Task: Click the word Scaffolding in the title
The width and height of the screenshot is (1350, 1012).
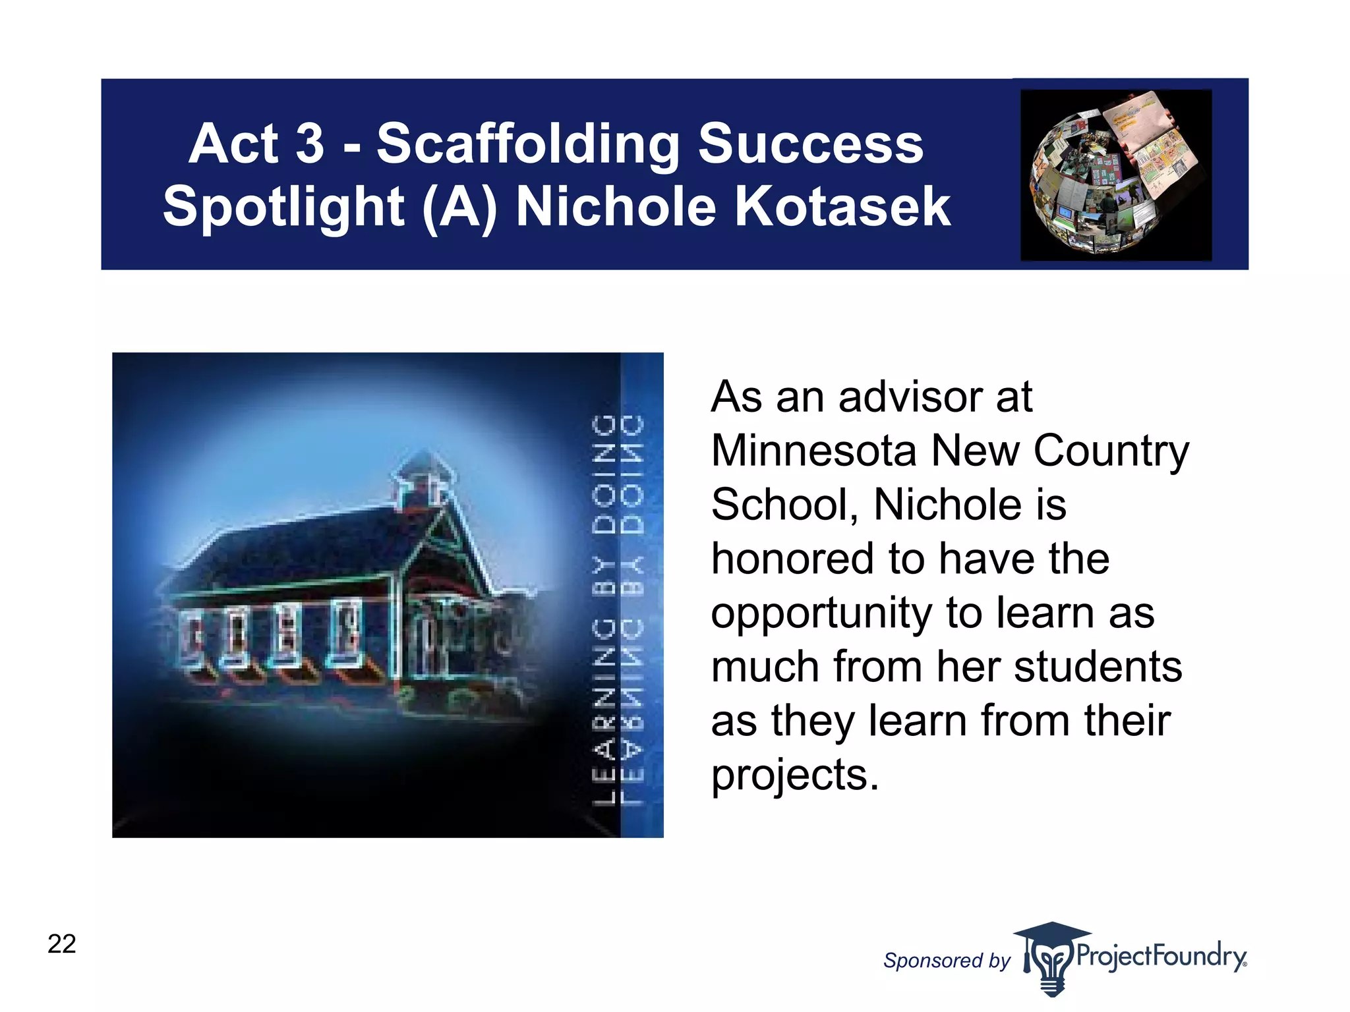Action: coord(528,145)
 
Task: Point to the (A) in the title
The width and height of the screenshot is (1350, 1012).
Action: coord(459,207)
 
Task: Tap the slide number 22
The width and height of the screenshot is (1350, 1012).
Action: coord(62,943)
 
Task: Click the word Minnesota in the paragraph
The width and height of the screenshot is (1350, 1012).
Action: coord(814,451)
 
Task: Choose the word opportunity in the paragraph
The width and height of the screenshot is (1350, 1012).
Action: coord(821,614)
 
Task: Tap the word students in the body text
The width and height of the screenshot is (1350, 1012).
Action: coord(1098,667)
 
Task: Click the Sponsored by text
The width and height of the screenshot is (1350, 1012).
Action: coord(947,961)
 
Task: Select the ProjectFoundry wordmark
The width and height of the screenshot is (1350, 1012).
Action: coord(1161,956)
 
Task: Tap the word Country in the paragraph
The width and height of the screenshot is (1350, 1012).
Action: coord(1111,451)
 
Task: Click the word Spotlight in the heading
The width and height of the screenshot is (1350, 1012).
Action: coord(283,207)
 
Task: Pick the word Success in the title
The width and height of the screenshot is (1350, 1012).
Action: coord(810,145)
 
